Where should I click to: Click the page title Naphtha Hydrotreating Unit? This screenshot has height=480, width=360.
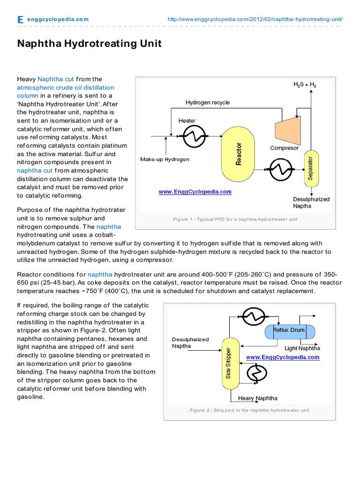[x=89, y=44]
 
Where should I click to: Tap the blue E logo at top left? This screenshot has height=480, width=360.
[x=20, y=20]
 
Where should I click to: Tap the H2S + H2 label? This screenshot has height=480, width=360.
[x=305, y=85]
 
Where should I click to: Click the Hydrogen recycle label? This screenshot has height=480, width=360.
[x=208, y=103]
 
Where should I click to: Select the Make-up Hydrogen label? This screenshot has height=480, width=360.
[x=165, y=159]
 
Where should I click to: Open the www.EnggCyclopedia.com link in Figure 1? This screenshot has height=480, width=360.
[x=195, y=192]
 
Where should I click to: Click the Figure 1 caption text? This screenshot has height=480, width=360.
[x=235, y=219]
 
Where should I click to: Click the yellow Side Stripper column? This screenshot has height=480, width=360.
[x=228, y=363]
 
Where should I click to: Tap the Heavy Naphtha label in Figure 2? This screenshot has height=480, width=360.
[x=257, y=398]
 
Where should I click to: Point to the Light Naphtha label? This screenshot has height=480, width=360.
[x=302, y=348]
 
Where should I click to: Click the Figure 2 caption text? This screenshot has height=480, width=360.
[x=249, y=410]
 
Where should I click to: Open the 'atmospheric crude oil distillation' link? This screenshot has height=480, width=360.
[x=65, y=87]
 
